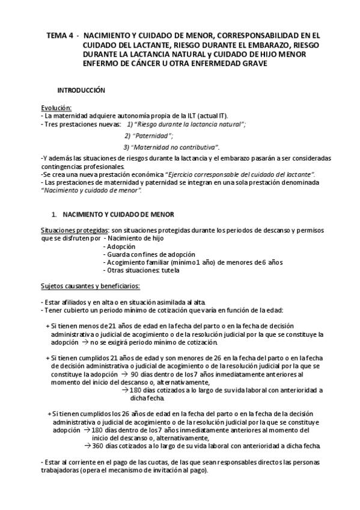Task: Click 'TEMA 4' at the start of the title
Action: click(x=59, y=35)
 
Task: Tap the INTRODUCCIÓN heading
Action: click(x=81, y=90)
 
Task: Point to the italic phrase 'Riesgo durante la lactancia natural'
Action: click(x=190, y=124)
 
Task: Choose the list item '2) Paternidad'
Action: click(x=148, y=135)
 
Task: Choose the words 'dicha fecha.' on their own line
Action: click(x=147, y=398)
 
